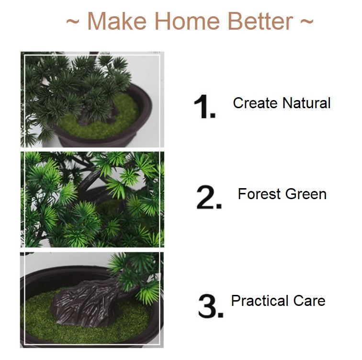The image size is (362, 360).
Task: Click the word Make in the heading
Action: tap(117, 21)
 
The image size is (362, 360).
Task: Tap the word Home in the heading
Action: tap(187, 21)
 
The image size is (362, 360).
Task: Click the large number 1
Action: tap(205, 106)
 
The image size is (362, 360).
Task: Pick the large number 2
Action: tap(209, 197)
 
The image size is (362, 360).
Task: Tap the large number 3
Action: tap(211, 306)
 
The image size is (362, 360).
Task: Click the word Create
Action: tap(255, 103)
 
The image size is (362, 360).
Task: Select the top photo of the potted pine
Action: tap(92, 100)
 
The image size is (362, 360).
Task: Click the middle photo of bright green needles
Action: tap(92, 200)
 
